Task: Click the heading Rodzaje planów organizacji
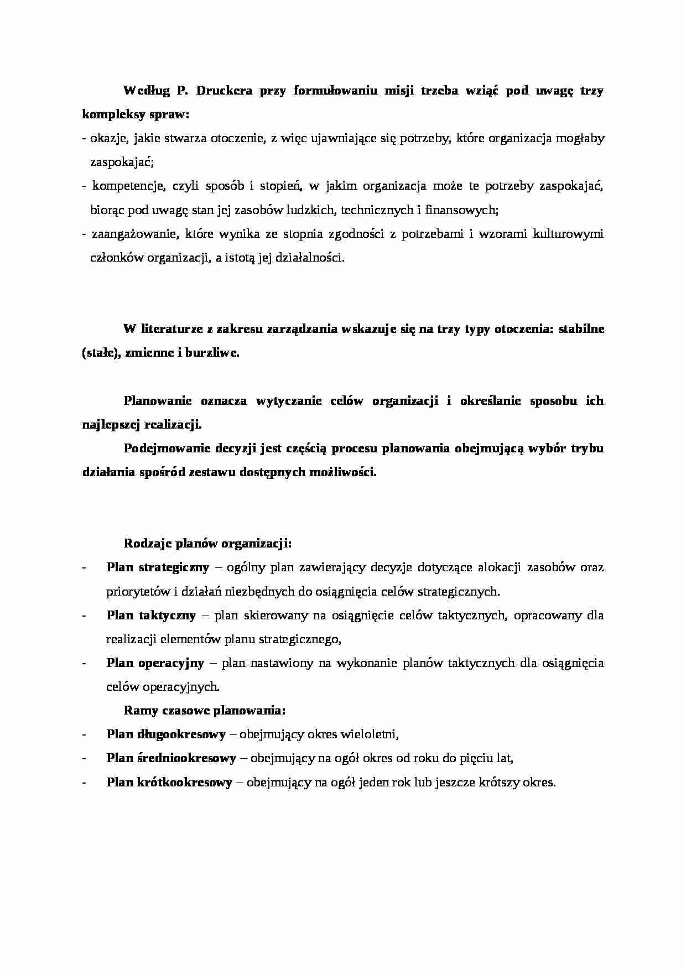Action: (x=208, y=544)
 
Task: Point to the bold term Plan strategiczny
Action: (x=158, y=567)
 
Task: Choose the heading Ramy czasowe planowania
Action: (x=205, y=710)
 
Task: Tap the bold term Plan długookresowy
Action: (x=166, y=734)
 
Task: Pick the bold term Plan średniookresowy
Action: (x=171, y=758)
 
